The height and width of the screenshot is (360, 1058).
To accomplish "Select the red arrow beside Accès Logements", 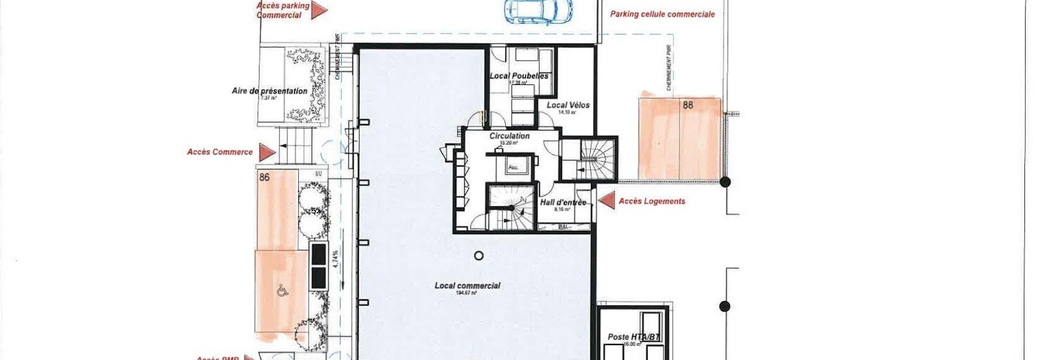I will click(605, 201).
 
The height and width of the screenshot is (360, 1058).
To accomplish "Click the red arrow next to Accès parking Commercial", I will click(319, 10).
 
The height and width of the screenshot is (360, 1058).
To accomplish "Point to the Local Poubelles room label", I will click(519, 76).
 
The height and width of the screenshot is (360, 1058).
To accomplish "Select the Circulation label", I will click(509, 136).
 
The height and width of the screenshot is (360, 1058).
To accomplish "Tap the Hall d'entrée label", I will click(563, 202).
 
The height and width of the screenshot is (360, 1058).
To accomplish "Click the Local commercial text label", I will click(467, 285).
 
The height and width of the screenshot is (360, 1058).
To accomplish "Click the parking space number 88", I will click(688, 105).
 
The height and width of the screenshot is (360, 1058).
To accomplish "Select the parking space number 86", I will click(264, 178).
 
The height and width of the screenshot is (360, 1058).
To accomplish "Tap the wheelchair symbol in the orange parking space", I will click(281, 289).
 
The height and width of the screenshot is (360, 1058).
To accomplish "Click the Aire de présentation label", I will click(269, 91).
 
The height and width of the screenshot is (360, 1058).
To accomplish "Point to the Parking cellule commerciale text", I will click(662, 14).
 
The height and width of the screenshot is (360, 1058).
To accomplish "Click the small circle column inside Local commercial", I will click(479, 256).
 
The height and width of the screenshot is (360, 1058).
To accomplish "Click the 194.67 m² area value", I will click(466, 292).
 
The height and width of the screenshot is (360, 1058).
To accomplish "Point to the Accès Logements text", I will click(651, 201).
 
